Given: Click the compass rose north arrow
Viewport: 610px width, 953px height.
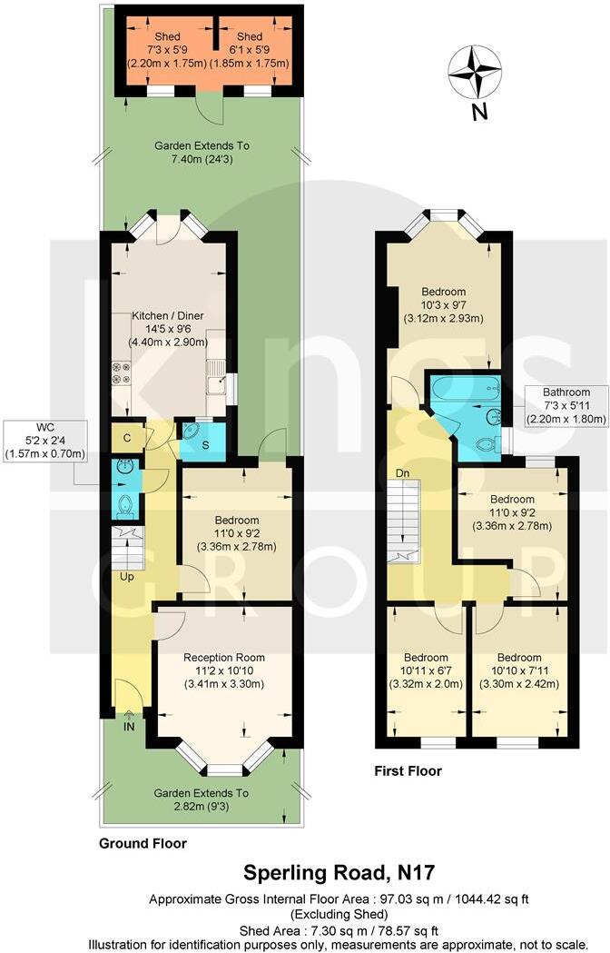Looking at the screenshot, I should [x=476, y=73].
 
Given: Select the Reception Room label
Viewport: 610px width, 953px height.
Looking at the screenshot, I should [x=223, y=670].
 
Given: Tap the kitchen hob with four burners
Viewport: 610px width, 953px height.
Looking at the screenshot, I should [x=120, y=373].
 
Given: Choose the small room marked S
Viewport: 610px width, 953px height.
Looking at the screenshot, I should [x=197, y=444].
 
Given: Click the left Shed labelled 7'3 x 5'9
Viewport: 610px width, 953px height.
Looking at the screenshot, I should [x=162, y=51].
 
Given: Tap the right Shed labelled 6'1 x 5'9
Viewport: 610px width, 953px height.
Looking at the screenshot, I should [x=250, y=51].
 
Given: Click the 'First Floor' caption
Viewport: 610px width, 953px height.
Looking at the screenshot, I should [x=408, y=771].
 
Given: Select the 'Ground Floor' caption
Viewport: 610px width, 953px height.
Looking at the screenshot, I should [x=143, y=843].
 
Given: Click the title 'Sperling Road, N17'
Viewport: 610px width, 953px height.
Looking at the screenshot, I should [x=339, y=873].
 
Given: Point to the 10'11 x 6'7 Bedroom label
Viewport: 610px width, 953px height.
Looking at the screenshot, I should [x=426, y=670].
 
